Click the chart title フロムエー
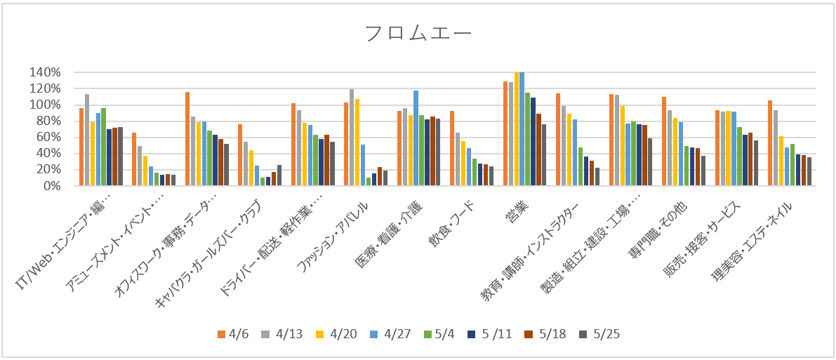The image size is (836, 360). pos(418,34)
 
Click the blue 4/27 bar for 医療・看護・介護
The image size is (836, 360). pos(416,138)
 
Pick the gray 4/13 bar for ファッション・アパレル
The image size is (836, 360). pos(352,138)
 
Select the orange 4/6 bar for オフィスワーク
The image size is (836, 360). pos(187,139)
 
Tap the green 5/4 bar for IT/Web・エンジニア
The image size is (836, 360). pos(104,147)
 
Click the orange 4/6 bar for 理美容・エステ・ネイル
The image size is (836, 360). pos(770,143)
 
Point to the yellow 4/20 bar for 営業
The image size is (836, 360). pos(517,129)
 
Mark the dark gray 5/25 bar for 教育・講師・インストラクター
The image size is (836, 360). pos(597,177)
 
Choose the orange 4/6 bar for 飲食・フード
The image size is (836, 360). pos(452,148)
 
